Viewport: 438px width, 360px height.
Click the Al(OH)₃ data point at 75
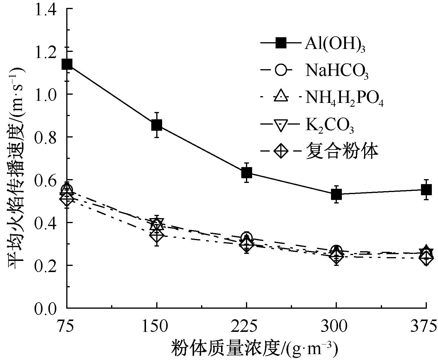click(x=67, y=64)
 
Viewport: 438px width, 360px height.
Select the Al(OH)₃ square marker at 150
click(x=157, y=125)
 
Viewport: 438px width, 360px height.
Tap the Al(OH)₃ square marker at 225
click(x=247, y=173)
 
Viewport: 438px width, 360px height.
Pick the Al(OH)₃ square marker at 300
click(x=336, y=194)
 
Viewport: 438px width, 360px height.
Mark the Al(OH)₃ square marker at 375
click(x=426, y=189)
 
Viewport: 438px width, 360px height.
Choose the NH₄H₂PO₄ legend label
click(x=344, y=99)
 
